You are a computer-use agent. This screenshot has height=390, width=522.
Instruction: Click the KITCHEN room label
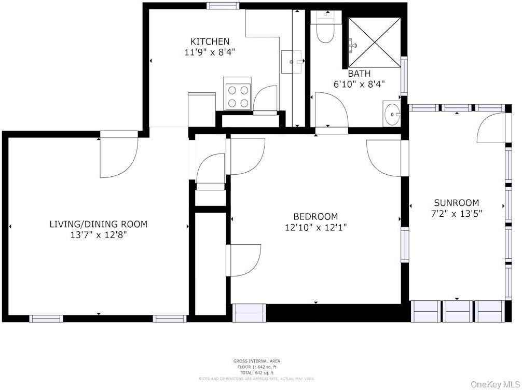(x=210, y=41)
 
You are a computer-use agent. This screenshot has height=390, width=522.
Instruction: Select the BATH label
(x=359, y=74)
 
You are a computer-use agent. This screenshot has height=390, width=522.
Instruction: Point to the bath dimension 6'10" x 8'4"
(x=359, y=83)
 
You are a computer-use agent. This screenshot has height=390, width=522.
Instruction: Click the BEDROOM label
(x=315, y=216)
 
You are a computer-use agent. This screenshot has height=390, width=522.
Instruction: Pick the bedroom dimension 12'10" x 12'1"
(x=315, y=227)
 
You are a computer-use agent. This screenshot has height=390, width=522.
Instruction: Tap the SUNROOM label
(x=457, y=203)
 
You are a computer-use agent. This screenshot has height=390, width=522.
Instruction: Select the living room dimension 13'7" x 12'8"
(x=98, y=234)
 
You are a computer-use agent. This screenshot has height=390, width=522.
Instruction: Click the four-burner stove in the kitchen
(x=237, y=96)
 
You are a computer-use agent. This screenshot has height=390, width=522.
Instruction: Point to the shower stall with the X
(x=374, y=43)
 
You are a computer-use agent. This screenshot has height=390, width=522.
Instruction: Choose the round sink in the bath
(x=392, y=113)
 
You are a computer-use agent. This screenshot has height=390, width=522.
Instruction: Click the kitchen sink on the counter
(x=292, y=62)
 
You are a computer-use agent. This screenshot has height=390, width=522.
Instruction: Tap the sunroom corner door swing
(x=491, y=128)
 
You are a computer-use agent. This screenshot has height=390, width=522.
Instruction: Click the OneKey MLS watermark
(x=495, y=384)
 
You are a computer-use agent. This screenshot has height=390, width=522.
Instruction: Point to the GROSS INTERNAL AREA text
(x=256, y=361)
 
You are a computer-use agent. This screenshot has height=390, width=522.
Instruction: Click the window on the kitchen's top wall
(x=223, y=6)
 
